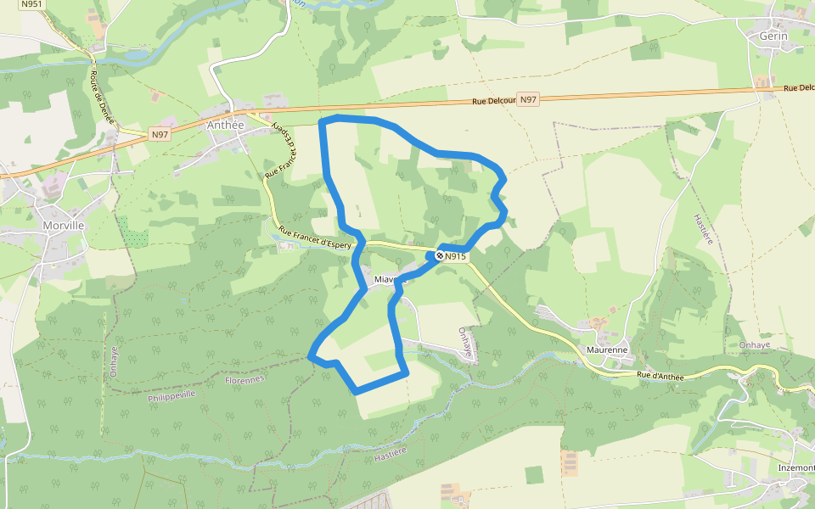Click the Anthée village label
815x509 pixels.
(x=225, y=125)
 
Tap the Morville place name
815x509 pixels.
(x=63, y=226)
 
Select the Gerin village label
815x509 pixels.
(x=773, y=36)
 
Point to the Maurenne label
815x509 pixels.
(x=607, y=350)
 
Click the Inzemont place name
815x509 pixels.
(x=795, y=468)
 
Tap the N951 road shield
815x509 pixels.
(x=31, y=4)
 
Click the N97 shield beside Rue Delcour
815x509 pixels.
(x=529, y=99)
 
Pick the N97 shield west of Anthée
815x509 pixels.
(x=160, y=134)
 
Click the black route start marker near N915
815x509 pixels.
(x=439, y=255)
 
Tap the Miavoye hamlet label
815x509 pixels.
(x=389, y=278)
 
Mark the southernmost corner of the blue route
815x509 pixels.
(x=357, y=391)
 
